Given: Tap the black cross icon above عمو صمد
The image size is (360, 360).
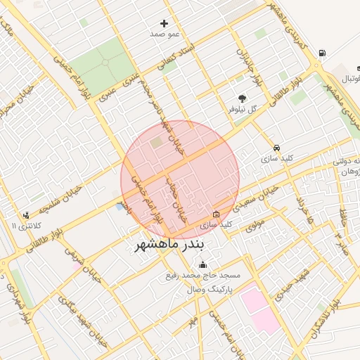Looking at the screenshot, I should [x=165, y=23].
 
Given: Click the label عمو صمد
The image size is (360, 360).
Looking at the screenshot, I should [x=165, y=34].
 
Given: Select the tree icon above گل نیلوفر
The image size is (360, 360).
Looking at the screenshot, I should [x=243, y=98].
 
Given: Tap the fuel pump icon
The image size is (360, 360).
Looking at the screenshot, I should [x=322, y=53].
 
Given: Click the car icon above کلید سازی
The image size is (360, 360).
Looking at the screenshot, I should [x=278, y=148].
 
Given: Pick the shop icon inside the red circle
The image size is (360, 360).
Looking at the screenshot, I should [x=216, y=214].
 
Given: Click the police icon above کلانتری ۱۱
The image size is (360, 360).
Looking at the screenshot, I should [x=27, y=215].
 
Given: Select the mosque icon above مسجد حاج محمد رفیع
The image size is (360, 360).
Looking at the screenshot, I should [x=203, y=265].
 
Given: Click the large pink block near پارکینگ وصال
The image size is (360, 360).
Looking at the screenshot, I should [x=258, y=310].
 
